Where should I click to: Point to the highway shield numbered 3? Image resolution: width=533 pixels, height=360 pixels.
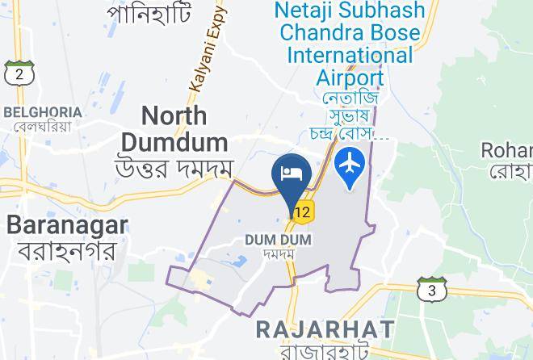point(432,289)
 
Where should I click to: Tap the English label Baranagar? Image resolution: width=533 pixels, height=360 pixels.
point(66,224)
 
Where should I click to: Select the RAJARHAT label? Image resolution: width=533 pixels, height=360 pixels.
point(325,329)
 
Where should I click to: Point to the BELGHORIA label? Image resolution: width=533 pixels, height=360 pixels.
point(43,111)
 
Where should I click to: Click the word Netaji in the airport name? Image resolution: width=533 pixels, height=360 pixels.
point(316,10)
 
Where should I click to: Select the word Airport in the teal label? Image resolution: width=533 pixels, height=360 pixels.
point(348,77)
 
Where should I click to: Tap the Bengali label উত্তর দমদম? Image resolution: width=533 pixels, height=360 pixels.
point(174,169)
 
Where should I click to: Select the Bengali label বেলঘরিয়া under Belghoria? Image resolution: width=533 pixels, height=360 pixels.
point(43,126)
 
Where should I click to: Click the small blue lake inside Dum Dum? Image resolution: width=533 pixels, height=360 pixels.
point(240,262)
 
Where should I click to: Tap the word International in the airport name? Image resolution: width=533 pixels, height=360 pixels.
point(350,56)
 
